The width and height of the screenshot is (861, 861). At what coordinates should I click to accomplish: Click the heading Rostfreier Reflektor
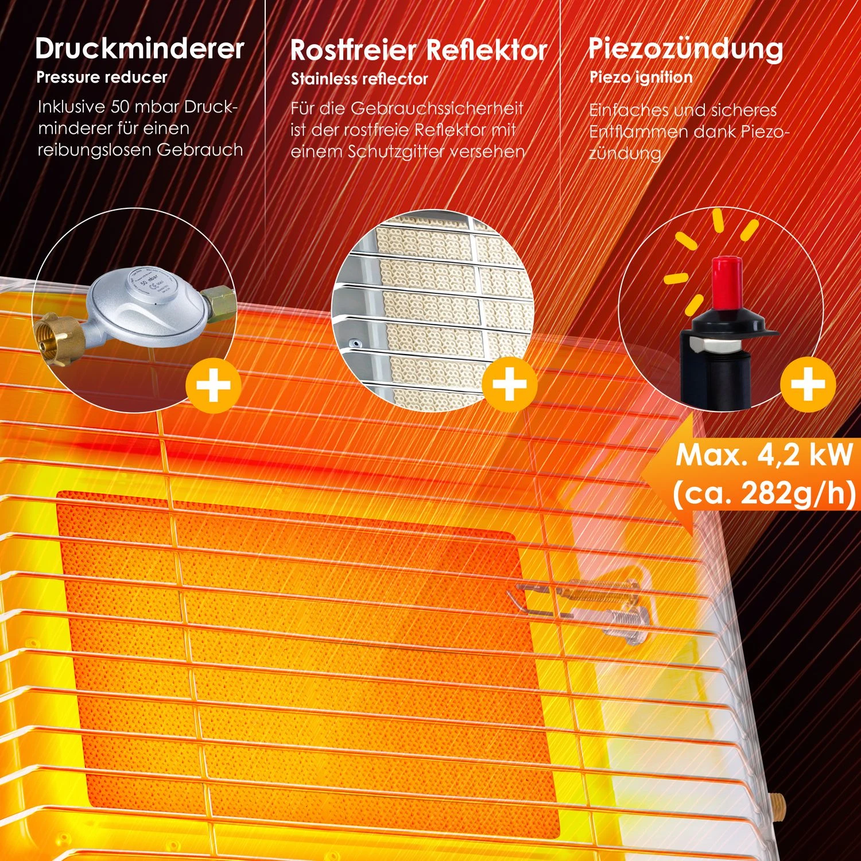pyautogui.click(x=418, y=51)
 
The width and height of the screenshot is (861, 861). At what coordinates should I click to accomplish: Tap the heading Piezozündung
pyautogui.click(x=685, y=49)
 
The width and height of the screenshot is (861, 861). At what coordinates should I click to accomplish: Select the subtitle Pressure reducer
pyautogui.click(x=102, y=77)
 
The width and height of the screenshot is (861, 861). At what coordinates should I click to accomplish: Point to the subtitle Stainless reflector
pyautogui.click(x=359, y=79)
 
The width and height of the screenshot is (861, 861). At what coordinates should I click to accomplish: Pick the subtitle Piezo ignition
pyautogui.click(x=641, y=77)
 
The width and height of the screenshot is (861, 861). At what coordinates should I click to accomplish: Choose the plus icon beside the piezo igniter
pyautogui.click(x=808, y=383)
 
